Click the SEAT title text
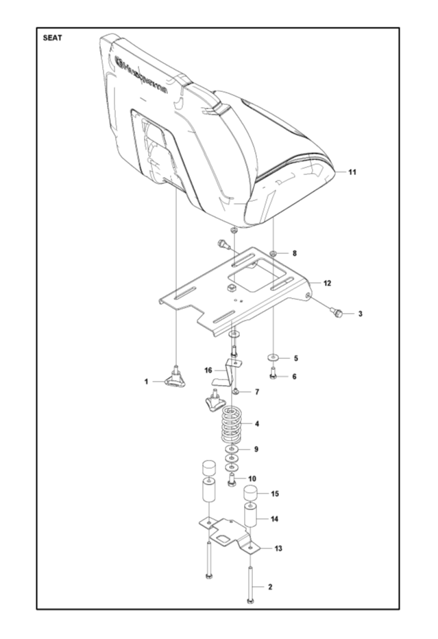click(x=53, y=38)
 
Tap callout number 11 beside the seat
click(x=352, y=172)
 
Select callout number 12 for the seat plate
click(x=327, y=283)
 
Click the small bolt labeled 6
click(x=273, y=373)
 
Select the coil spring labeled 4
click(x=232, y=426)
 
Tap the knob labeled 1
click(x=175, y=377)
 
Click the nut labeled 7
click(x=236, y=392)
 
